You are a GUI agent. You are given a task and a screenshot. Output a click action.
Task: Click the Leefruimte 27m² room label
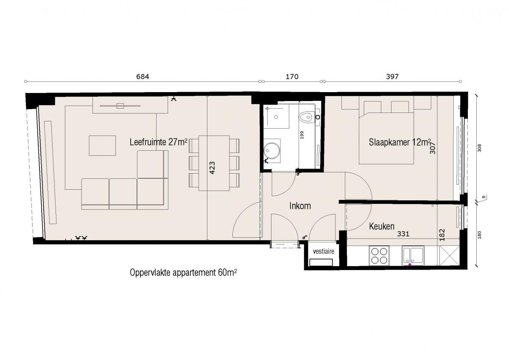pyautogui.click(x=158, y=142)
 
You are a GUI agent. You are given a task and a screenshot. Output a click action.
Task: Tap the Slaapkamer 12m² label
pyautogui.click(x=400, y=142)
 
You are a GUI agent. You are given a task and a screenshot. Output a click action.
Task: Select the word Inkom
pyautogui.click(x=300, y=206)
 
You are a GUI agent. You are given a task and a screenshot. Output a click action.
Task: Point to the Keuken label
pyautogui.click(x=381, y=226)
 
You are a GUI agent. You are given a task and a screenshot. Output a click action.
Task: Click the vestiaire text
pyautogui.click(x=324, y=251)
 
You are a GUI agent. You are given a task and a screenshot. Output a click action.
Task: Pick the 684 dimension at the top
pyautogui.click(x=143, y=77)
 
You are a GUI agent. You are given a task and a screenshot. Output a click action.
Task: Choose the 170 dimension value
pyautogui.click(x=292, y=77)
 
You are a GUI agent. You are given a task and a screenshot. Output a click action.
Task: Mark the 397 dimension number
pyautogui.click(x=392, y=77)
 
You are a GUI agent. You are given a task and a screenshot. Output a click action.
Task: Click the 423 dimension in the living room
pyautogui.click(x=212, y=168)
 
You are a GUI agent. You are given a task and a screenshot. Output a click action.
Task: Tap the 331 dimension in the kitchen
pyautogui.click(x=403, y=234)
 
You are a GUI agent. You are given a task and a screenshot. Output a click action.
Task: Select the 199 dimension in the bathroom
pyautogui.click(x=302, y=135)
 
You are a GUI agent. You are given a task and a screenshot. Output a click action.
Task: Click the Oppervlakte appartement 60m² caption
pyautogui.click(x=183, y=273)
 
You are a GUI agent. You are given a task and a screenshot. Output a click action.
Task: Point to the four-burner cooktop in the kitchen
pyautogui.click(x=379, y=256)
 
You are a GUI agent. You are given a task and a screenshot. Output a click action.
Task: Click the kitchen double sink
pyautogui.click(x=413, y=256)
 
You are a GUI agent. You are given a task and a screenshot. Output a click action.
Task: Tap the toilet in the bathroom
pyautogui.click(x=307, y=118)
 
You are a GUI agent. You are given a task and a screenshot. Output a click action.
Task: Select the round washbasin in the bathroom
pyautogui.click(x=271, y=150)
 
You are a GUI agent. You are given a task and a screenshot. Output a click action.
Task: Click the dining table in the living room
pyautogui.click(x=214, y=163)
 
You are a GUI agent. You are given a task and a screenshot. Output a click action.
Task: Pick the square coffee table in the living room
pyautogui.click(x=102, y=146)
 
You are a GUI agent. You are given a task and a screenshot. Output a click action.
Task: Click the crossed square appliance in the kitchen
pyautogui.click(x=450, y=256)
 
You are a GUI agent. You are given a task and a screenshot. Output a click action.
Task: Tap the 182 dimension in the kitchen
pyautogui.click(x=442, y=235)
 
